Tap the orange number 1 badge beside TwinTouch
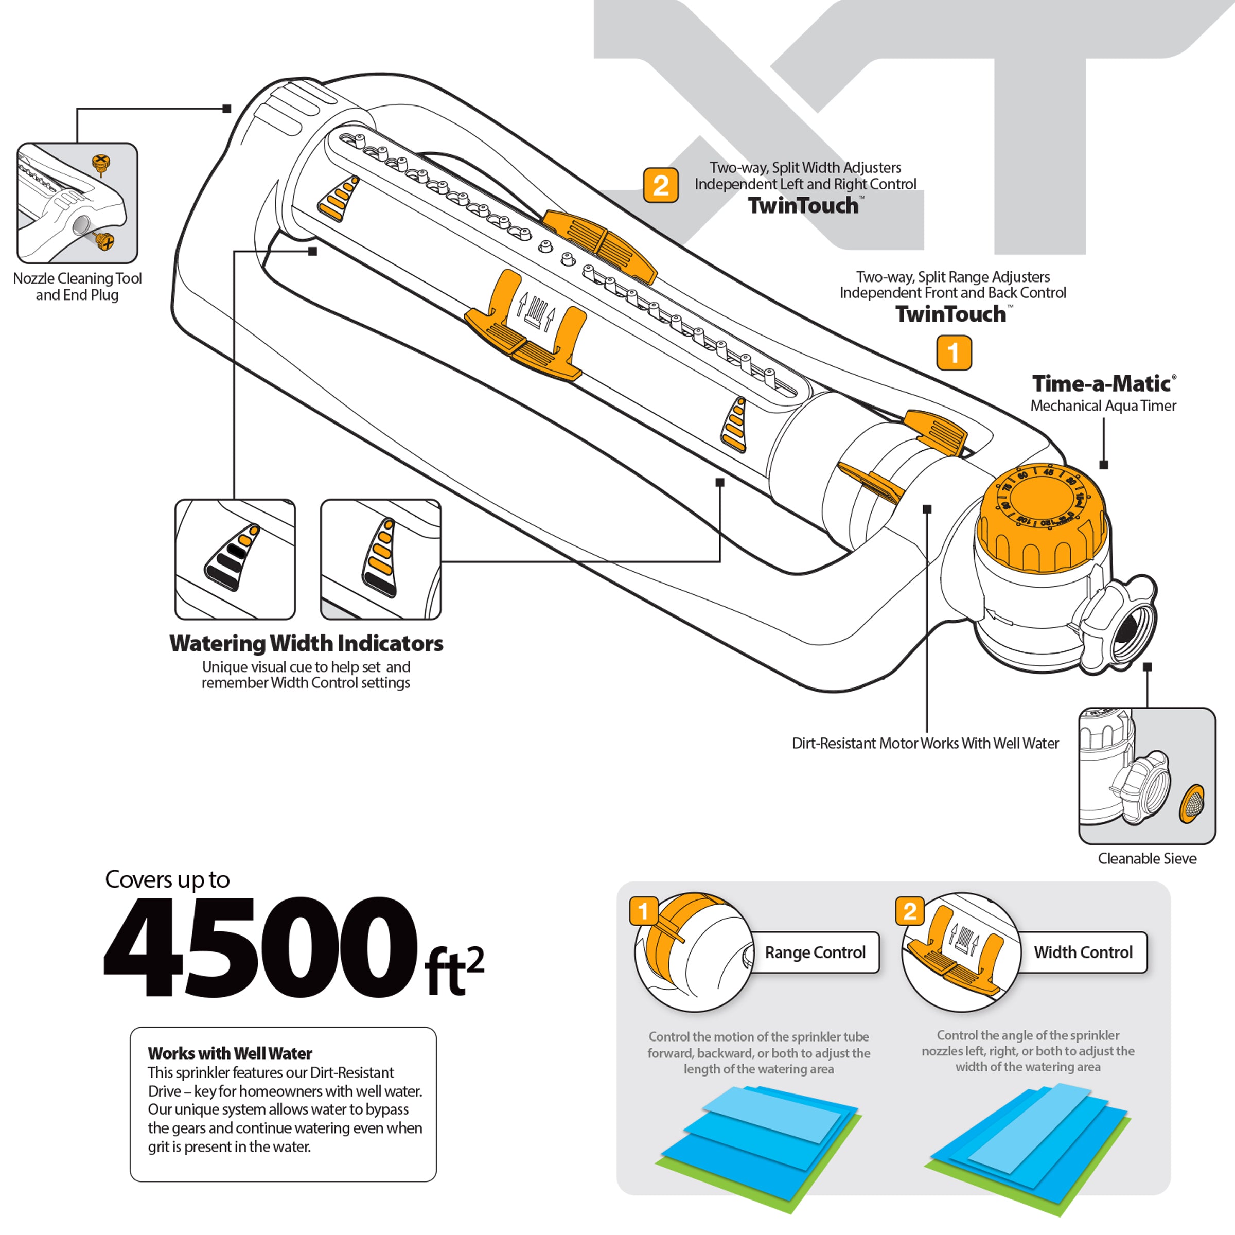click(953, 353)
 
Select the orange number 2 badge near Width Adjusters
click(660, 185)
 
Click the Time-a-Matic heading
click(1103, 383)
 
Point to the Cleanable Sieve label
click(1147, 858)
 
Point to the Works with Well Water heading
click(230, 1053)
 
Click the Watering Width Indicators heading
click(306, 643)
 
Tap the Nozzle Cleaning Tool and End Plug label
click(77, 287)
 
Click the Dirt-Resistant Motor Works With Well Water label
click(925, 743)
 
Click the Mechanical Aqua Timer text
click(1103, 405)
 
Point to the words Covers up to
click(167, 879)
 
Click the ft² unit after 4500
click(454, 972)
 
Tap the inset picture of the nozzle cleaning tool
click(77, 203)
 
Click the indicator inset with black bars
click(235, 559)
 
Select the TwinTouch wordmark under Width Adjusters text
click(803, 206)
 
